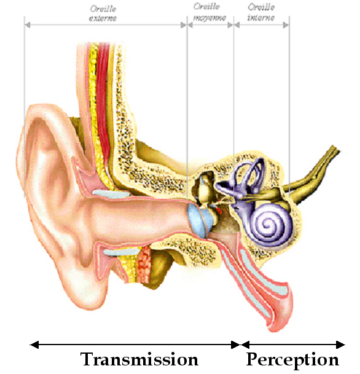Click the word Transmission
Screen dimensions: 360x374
(x=139, y=359)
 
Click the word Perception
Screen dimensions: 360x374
(x=292, y=360)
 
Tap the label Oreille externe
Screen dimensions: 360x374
(x=103, y=14)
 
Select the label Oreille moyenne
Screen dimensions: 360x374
(x=209, y=12)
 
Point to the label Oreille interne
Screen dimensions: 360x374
(x=261, y=12)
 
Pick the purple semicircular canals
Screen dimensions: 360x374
(x=248, y=176)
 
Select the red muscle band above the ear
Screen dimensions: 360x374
(x=104, y=100)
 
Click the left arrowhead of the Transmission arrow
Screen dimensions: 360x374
(x=34, y=345)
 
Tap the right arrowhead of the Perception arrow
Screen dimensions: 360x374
(x=340, y=345)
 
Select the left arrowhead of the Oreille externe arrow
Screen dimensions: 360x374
(x=27, y=25)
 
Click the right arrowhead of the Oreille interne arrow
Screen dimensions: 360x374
(x=286, y=25)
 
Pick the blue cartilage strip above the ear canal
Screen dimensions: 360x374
(x=111, y=193)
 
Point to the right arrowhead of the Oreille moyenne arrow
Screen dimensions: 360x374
(x=230, y=25)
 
